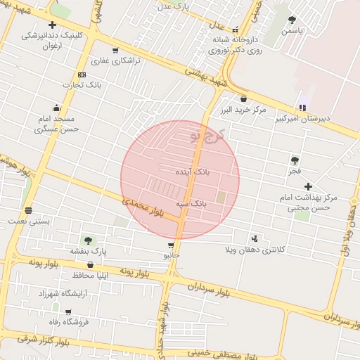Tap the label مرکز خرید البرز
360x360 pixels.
243,110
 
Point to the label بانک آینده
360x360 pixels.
195,171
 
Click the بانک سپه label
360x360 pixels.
191,202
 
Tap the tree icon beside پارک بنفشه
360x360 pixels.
88,240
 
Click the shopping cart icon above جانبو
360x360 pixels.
171,245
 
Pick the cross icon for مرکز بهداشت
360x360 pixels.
308,186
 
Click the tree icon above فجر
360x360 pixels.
294,160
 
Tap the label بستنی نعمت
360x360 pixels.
28,221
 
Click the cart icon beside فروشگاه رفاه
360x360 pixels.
68,311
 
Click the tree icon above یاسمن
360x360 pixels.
292,20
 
